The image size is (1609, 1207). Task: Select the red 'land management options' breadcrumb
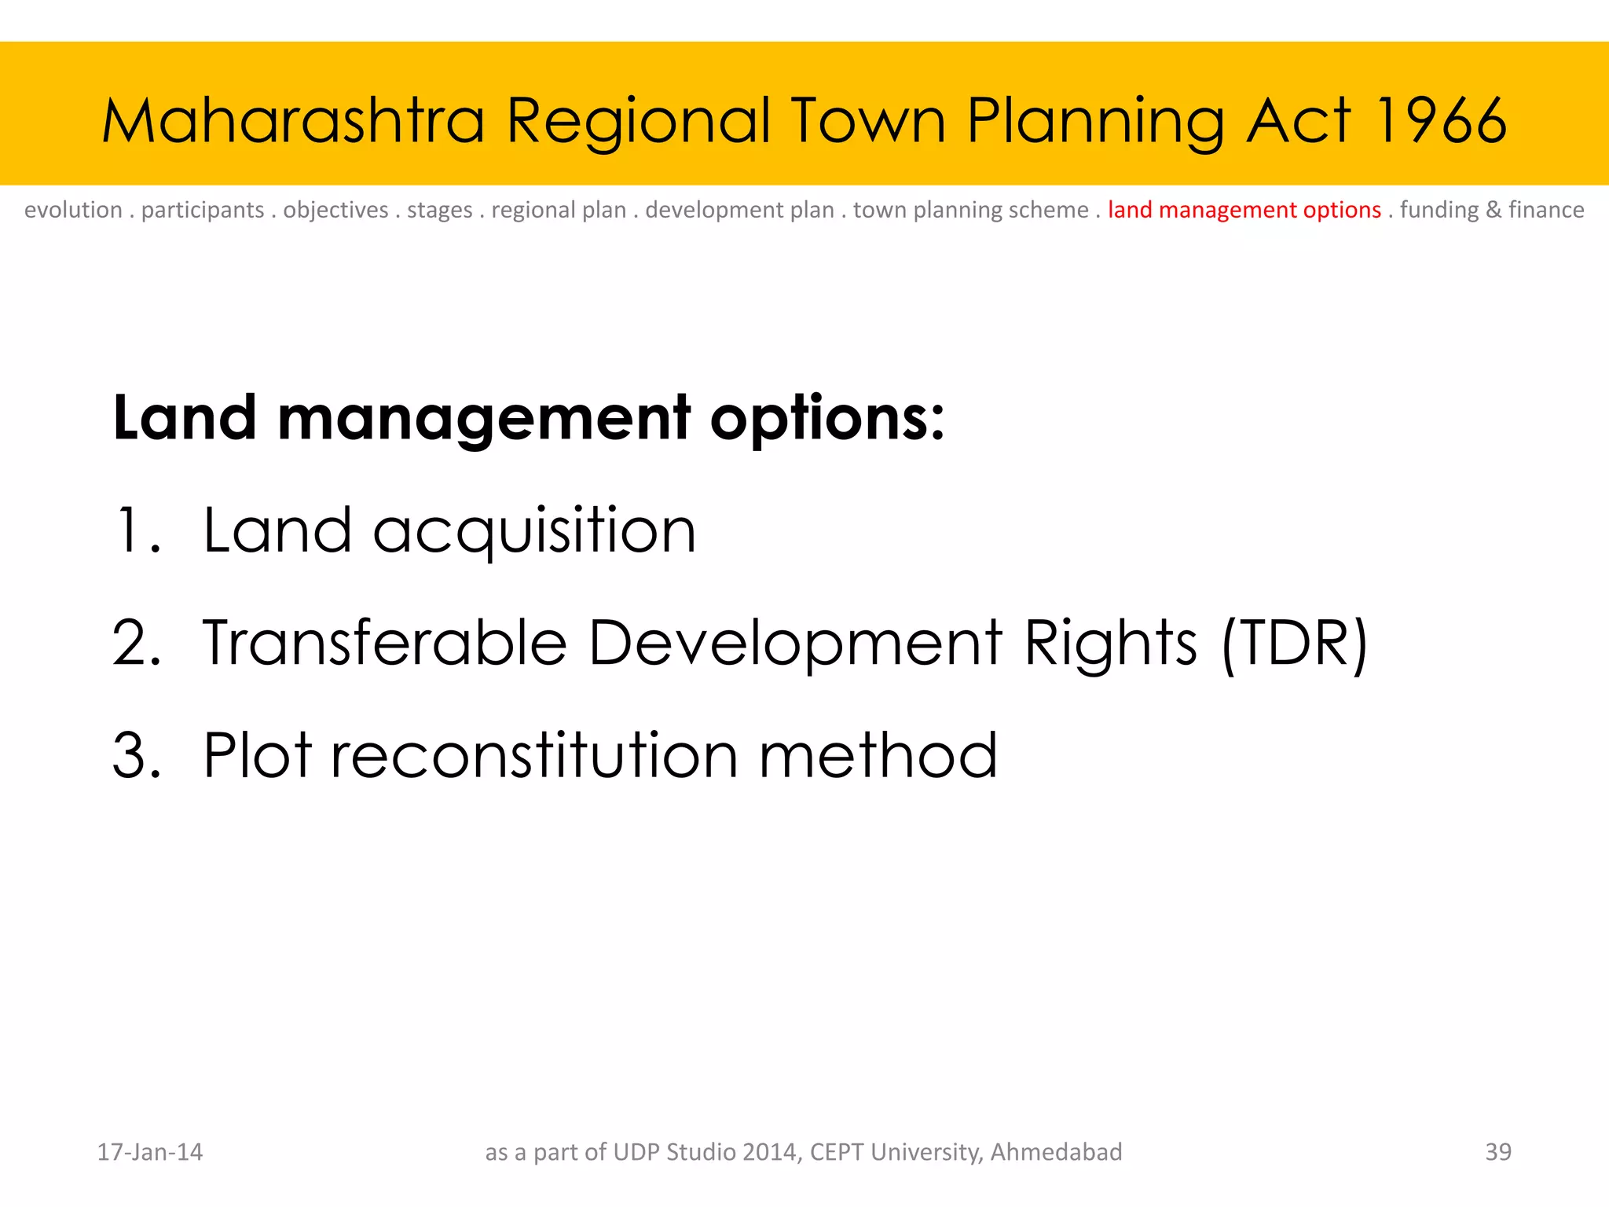[1244, 210]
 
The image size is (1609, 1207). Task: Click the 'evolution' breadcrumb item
[73, 210]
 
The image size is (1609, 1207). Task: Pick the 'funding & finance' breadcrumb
[1491, 210]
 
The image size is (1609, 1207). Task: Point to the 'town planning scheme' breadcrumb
[970, 210]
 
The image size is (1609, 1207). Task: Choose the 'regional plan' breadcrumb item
[559, 210]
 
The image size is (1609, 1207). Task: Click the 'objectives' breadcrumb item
[335, 210]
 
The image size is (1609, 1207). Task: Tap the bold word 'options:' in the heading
[826, 418]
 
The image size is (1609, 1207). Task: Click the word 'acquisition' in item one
[534, 532]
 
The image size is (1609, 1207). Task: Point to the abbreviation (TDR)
[1295, 644]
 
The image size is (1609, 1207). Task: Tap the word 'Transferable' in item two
[384, 642]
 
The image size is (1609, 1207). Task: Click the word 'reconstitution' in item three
[534, 755]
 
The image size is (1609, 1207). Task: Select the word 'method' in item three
[878, 755]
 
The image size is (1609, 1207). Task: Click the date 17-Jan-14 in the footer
[149, 1152]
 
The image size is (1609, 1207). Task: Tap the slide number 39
[1497, 1152]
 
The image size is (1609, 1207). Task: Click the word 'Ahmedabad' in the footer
[1056, 1152]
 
